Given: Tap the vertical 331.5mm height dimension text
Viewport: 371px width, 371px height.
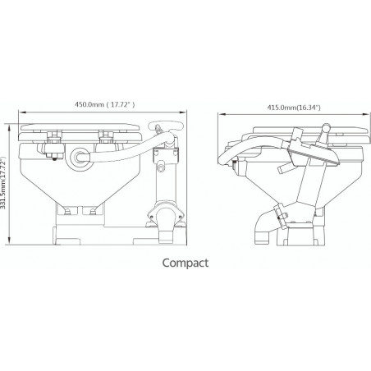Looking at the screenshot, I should pyautogui.click(x=7, y=183).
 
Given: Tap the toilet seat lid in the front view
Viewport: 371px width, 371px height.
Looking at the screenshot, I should pyautogui.click(x=82, y=130).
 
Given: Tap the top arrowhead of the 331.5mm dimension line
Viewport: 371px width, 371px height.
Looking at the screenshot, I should pyautogui.click(x=11, y=123).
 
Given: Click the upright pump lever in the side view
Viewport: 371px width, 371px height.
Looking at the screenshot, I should pyautogui.click(x=326, y=135).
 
